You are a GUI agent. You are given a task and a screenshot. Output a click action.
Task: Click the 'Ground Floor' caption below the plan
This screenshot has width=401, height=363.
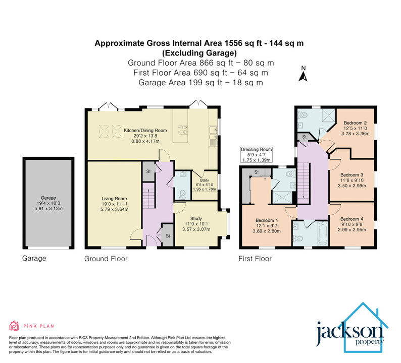pyautogui.click(x=106, y=259)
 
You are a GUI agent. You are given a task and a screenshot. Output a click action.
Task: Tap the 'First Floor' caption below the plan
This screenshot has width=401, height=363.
pyautogui.click(x=255, y=259)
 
